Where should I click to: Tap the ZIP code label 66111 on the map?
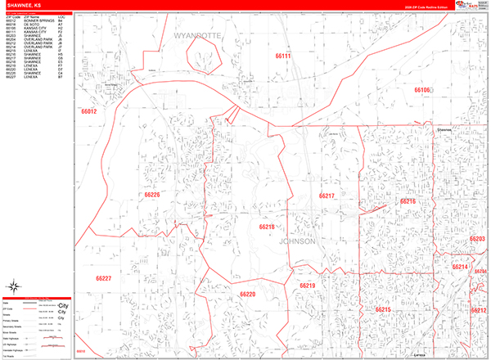pos(283,55)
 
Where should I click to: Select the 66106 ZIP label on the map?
pos(421,90)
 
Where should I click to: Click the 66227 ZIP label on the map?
pos(104,279)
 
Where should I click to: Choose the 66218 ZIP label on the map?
pos(267,227)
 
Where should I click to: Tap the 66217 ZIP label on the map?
pos(327,196)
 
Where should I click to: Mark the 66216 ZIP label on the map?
pos(408,200)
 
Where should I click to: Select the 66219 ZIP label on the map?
pos(307,286)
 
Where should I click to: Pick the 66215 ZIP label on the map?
pos(383,310)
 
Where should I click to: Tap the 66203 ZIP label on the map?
pos(478,239)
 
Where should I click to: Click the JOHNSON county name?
pos(297,242)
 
